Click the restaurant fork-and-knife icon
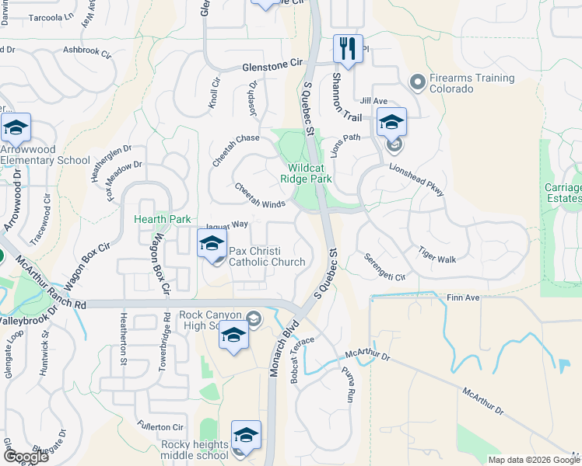[x=348, y=49]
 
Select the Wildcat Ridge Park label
[x=310, y=173]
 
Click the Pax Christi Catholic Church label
[x=266, y=256]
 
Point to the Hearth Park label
[x=163, y=220]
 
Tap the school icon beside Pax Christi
[x=212, y=244]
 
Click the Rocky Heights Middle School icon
[x=246, y=436]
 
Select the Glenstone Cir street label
[x=272, y=68]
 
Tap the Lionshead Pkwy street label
[x=416, y=179]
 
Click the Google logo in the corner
[x=26, y=457]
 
